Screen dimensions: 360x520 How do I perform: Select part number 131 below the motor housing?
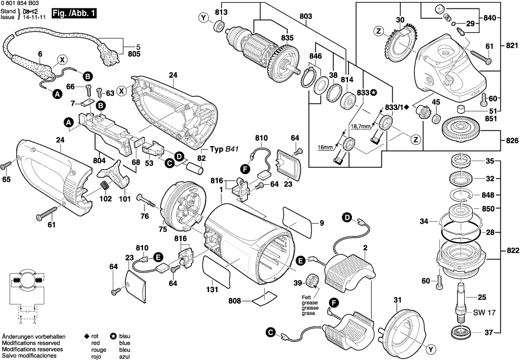point(212,290)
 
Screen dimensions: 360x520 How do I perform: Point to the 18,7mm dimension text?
point(360,127)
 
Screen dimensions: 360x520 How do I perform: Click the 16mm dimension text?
point(326,147)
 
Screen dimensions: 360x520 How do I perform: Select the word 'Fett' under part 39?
point(308,298)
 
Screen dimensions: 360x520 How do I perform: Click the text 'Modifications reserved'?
point(31,342)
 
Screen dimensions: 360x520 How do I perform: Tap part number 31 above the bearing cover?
point(397,300)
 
